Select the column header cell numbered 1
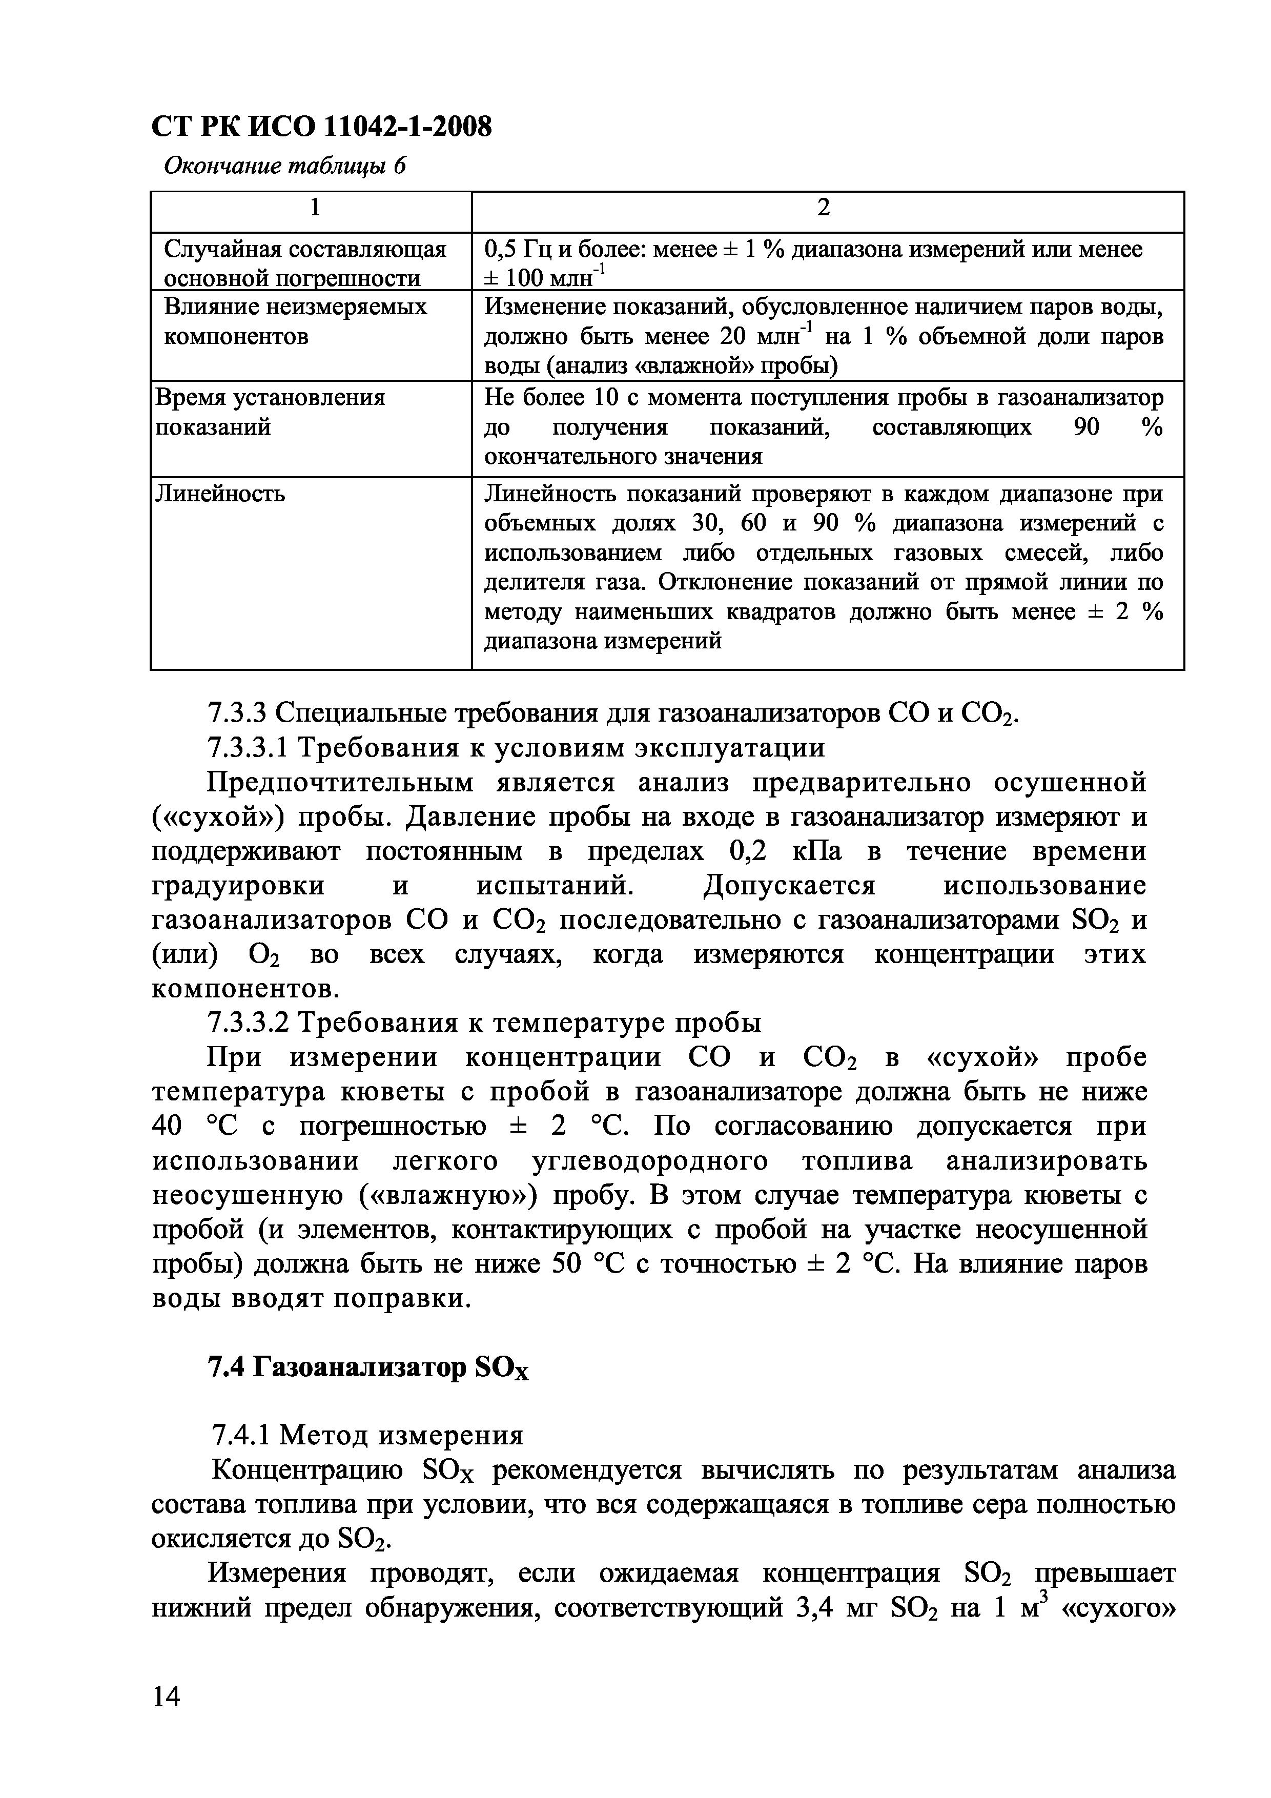(x=313, y=208)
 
